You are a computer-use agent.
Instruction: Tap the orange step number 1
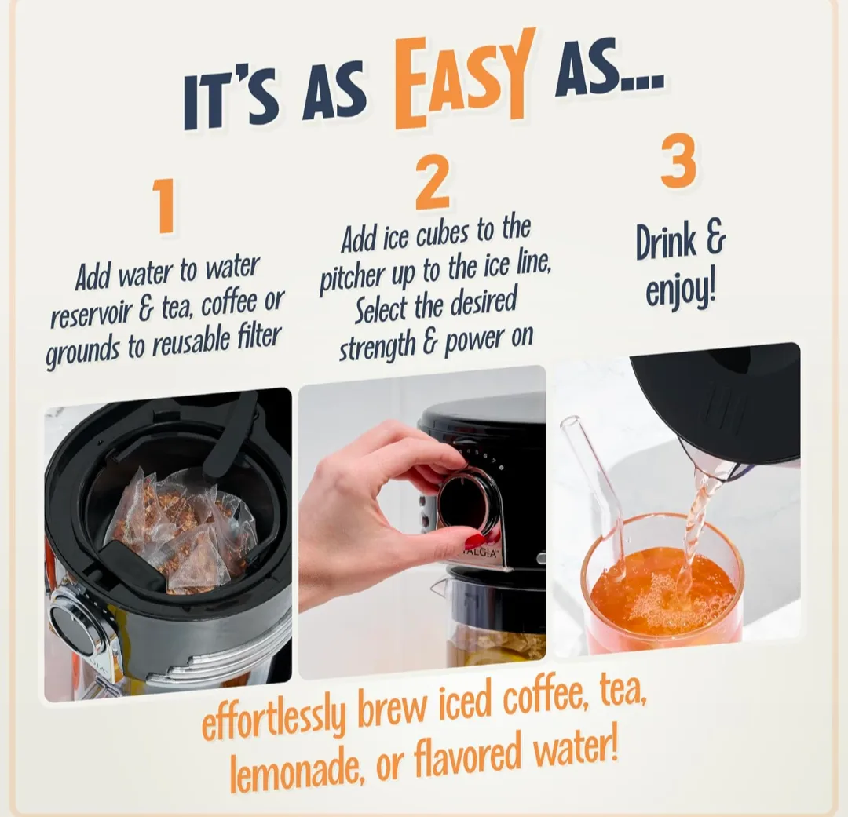(163, 206)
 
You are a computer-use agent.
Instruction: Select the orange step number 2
(432, 183)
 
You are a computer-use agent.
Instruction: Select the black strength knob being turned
(468, 502)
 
